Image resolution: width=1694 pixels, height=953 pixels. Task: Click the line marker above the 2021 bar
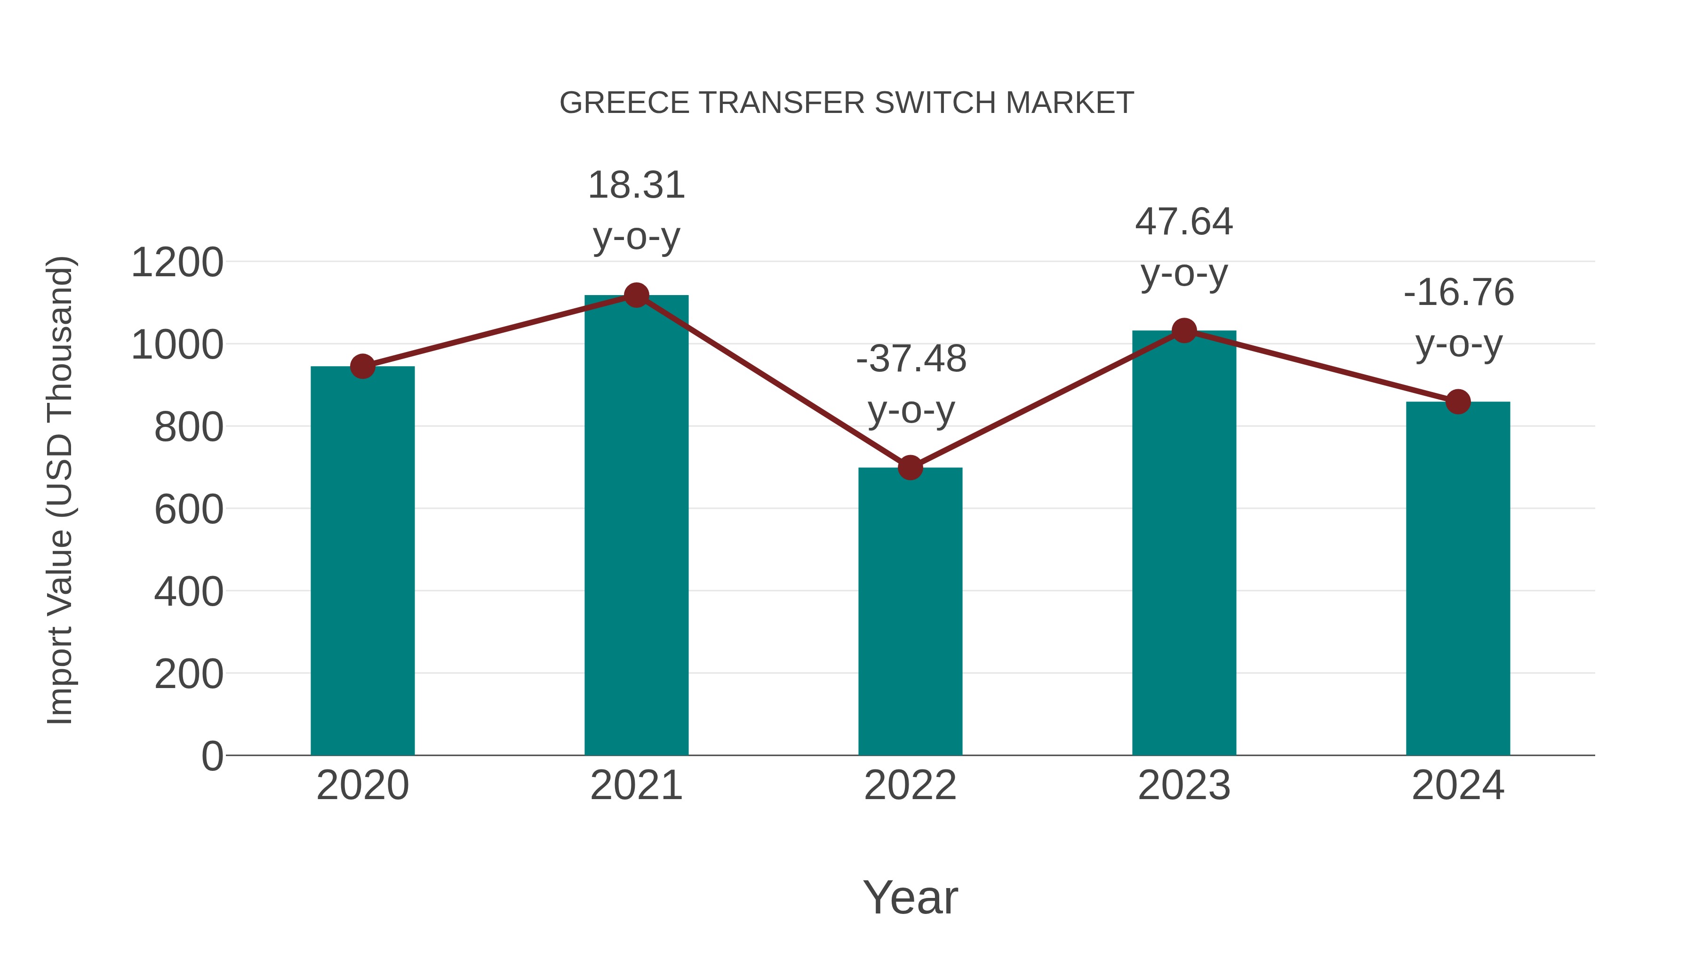point(636,295)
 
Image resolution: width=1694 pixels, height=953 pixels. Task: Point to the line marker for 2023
point(1184,331)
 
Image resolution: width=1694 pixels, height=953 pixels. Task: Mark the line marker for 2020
point(362,366)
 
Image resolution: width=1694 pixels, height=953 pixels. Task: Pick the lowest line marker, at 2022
point(910,468)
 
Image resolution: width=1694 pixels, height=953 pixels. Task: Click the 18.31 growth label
point(636,185)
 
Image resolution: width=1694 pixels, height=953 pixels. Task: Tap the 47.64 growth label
point(1184,222)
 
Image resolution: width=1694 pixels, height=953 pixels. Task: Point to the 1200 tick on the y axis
point(177,263)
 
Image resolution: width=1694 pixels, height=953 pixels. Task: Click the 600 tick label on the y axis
point(189,510)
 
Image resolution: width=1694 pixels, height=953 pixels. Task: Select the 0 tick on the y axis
point(212,756)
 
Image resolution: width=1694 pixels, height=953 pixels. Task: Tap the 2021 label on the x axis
point(636,785)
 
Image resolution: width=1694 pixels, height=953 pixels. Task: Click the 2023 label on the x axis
point(1184,785)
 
